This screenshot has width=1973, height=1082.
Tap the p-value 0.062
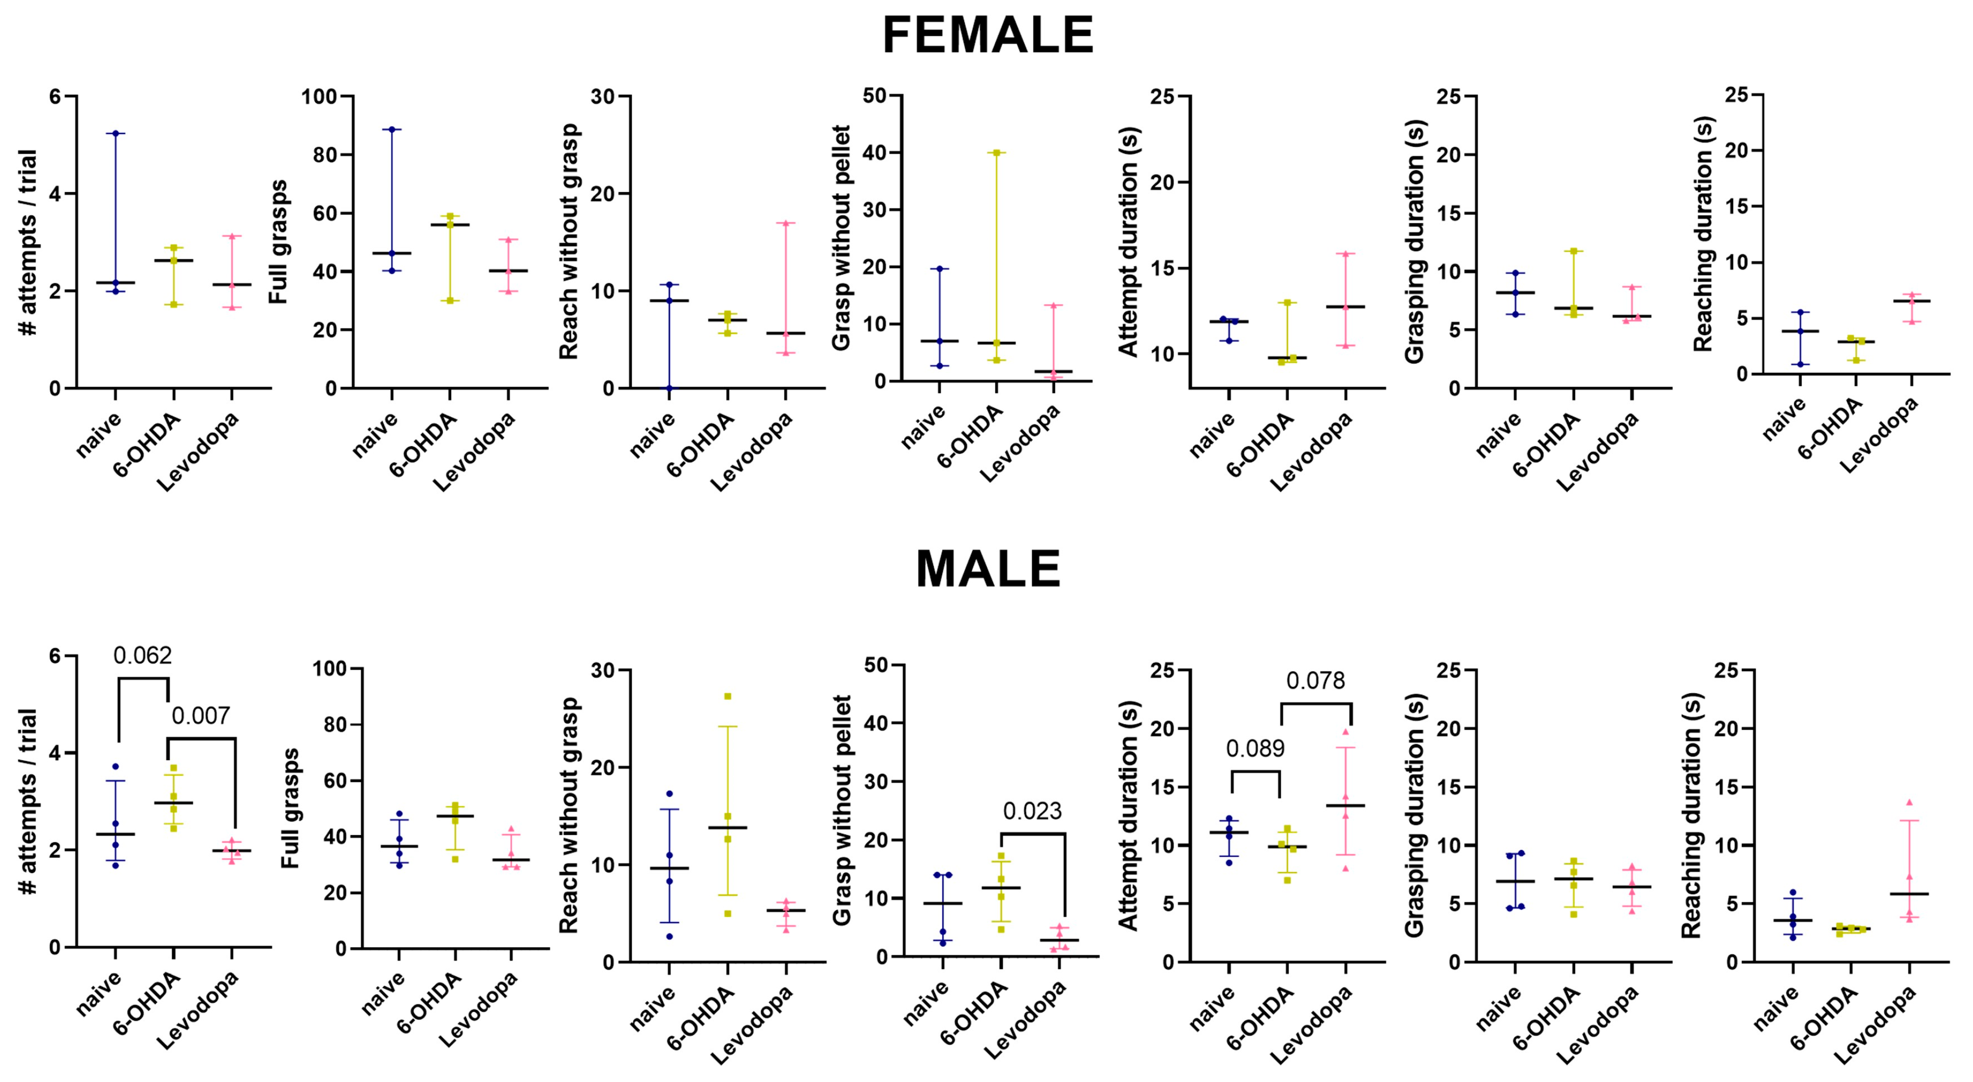(x=143, y=656)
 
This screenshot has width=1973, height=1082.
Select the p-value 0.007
(x=201, y=716)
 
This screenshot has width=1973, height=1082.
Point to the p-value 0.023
(x=1032, y=811)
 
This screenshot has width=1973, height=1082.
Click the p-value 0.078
(x=1315, y=681)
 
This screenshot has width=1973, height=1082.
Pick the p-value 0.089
(x=1255, y=748)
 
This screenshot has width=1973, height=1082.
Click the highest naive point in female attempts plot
(x=116, y=133)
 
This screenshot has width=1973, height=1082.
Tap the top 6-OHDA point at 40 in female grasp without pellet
(x=996, y=153)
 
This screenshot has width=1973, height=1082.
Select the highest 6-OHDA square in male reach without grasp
(x=728, y=696)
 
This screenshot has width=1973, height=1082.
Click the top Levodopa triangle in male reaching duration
(x=1908, y=802)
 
